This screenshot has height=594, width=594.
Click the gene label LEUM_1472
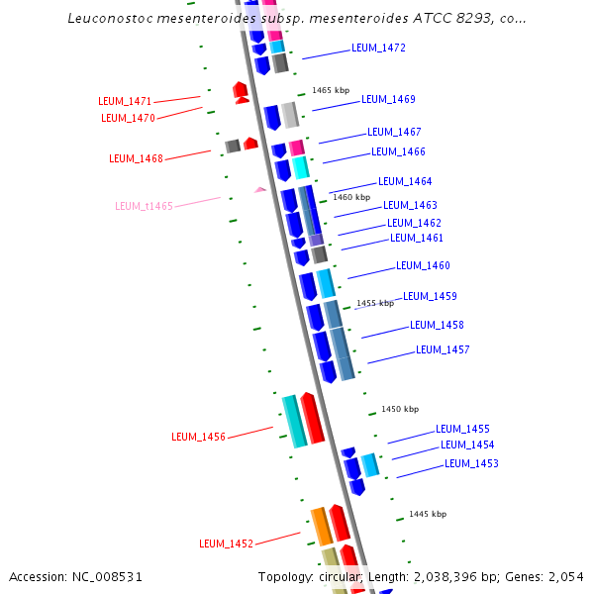coord(378,48)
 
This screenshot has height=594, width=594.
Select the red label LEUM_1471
coord(125,101)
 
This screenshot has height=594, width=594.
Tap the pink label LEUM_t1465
coord(144,206)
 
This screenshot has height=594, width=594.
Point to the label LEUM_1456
coord(198,437)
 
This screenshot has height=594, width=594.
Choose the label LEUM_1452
coord(226,544)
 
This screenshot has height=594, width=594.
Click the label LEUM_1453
coord(471,463)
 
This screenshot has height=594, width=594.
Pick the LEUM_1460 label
coord(423,265)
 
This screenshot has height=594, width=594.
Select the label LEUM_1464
coord(405,181)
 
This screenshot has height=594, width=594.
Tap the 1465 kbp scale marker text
coord(331,90)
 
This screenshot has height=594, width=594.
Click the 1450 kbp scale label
coord(400,409)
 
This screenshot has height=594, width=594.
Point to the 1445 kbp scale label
coord(428,514)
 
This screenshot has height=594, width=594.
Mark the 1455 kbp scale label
coord(375,303)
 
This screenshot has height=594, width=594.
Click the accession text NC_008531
coord(75,577)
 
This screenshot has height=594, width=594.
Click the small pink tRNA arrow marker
coord(260,189)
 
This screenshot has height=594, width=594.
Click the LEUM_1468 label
coord(136,157)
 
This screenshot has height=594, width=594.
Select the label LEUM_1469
coord(388,99)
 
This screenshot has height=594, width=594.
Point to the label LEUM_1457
coord(443,349)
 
